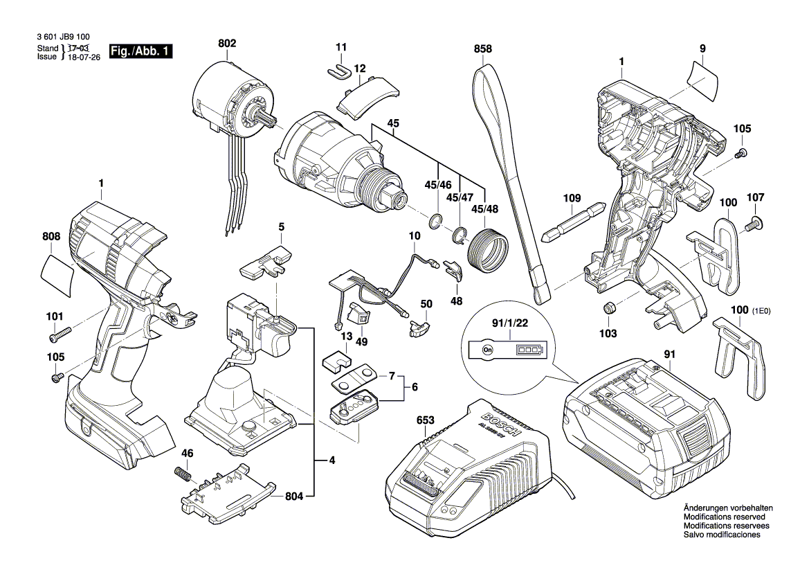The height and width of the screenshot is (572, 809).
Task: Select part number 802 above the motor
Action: pyautogui.click(x=227, y=43)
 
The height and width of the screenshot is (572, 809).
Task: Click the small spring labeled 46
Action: pyautogui.click(x=183, y=475)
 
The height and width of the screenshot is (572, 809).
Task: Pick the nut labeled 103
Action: pyautogui.click(x=609, y=308)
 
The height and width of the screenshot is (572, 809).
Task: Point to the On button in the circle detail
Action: pyautogui.click(x=487, y=350)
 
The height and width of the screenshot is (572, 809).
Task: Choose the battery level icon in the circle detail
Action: pyautogui.click(x=529, y=350)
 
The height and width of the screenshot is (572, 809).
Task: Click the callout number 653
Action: pyautogui.click(x=425, y=420)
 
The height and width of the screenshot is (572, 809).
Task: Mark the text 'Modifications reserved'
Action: pyautogui.click(x=724, y=517)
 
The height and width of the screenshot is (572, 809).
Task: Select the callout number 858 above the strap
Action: pyautogui.click(x=483, y=49)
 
